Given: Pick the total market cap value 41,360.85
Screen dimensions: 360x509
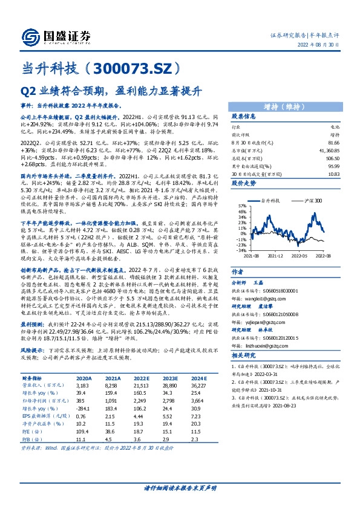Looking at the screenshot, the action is pos(326,148).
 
